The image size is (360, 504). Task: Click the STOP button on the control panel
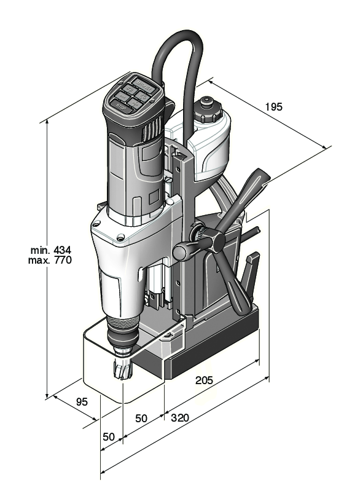coord(120,106)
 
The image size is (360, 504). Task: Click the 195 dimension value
coord(273,106)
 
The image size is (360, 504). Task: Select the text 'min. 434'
coord(52,250)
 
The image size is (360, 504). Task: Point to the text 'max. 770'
coord(52,261)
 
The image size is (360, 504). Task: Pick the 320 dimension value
coord(179,417)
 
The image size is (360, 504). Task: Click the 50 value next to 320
coord(141,418)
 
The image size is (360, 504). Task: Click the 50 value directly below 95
coord(108,436)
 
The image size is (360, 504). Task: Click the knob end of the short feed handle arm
coord(181,252)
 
